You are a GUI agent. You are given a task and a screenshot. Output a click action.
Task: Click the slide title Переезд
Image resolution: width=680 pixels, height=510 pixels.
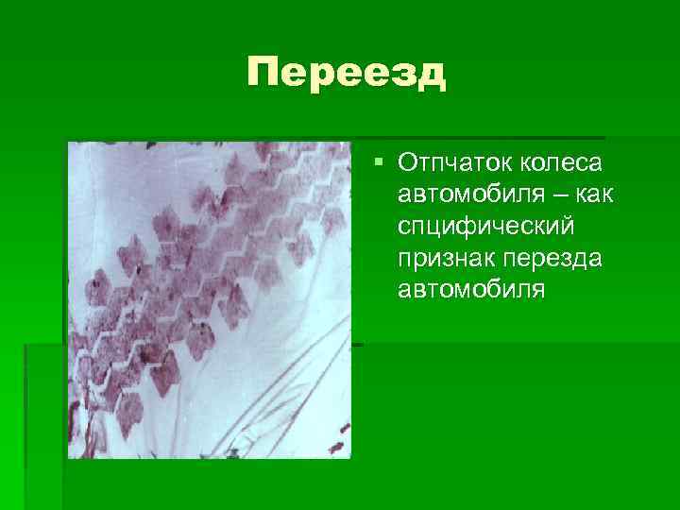(346, 73)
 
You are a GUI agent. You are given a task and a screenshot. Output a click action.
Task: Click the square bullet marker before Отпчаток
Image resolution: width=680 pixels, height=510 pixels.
(379, 162)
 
